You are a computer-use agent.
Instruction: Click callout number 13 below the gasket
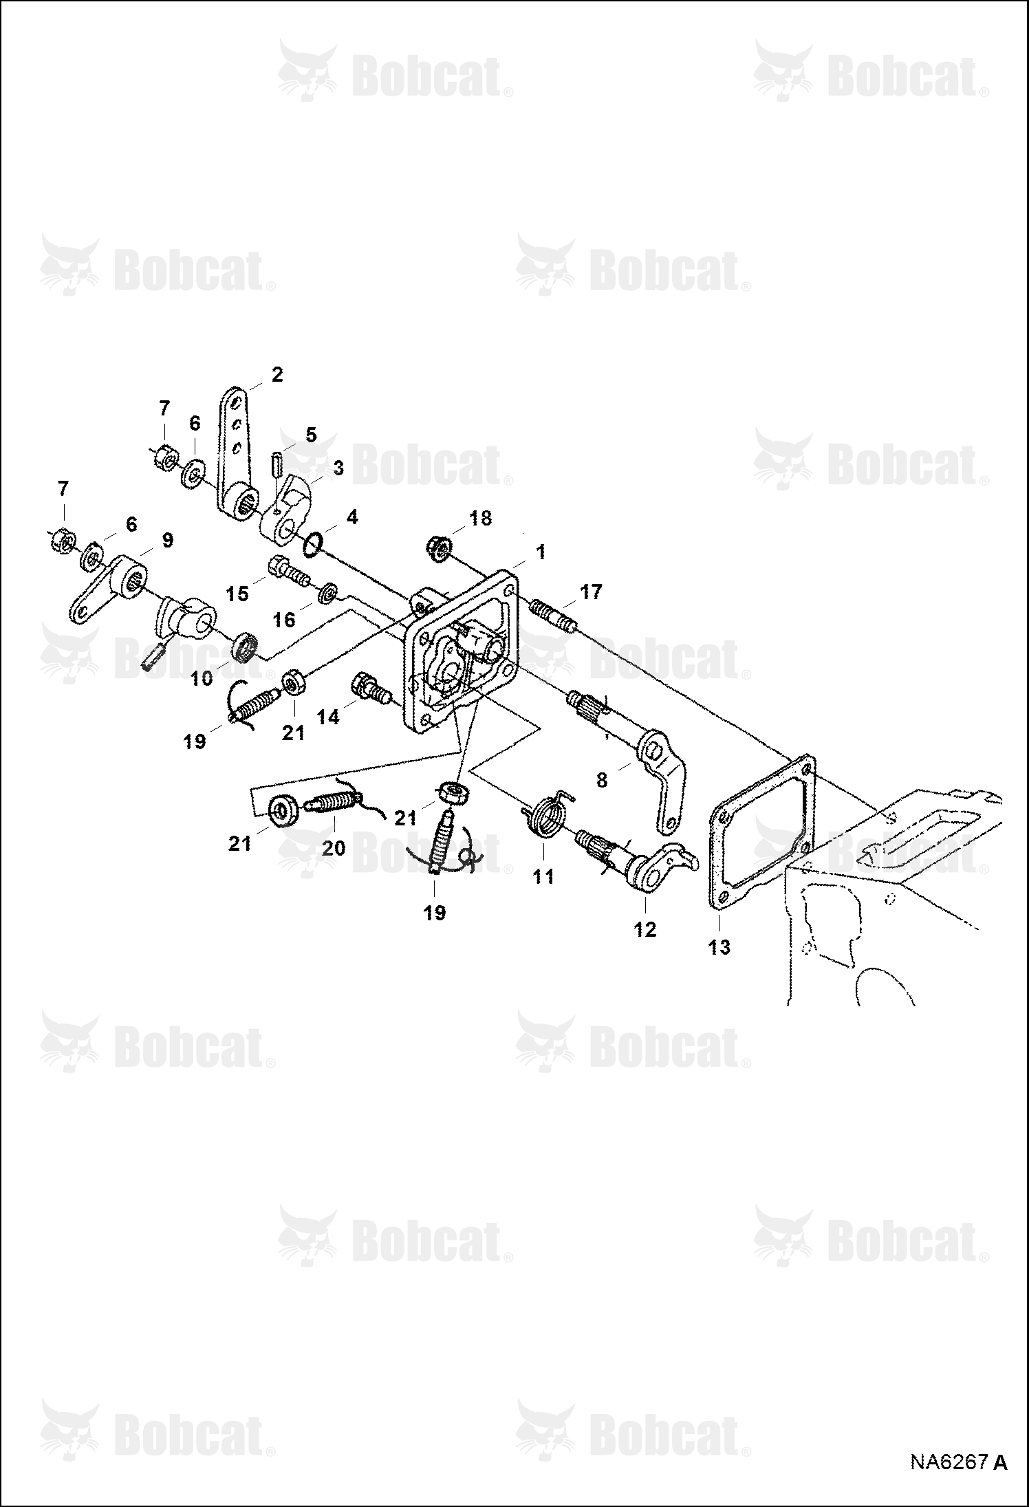[719, 947]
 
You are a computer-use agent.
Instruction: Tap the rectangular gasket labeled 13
[715, 832]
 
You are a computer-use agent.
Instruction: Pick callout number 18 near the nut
[481, 518]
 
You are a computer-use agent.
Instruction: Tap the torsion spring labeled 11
[547, 816]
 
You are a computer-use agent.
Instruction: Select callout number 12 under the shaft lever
[645, 929]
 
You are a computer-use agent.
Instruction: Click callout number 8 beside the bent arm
[602, 780]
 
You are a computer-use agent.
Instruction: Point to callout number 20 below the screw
[334, 848]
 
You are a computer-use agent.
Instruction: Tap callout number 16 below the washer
[284, 620]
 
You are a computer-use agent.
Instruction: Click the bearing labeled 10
[244, 649]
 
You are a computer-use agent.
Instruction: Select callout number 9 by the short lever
[168, 540]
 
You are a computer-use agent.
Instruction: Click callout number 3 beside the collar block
[338, 468]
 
